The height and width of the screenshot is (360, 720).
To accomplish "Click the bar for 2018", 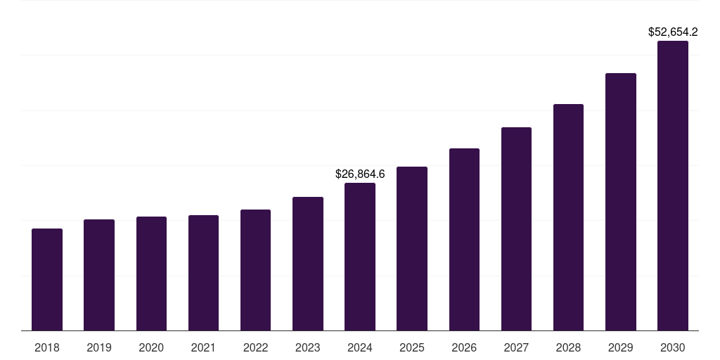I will point(47,279).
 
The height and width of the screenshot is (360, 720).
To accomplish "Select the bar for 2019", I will point(99,275).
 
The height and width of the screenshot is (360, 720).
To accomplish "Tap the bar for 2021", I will point(203,273).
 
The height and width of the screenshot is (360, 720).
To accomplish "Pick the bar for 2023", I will point(308,264).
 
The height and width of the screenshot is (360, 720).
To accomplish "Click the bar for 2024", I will point(360,257).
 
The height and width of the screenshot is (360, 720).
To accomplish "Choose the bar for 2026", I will point(464,239).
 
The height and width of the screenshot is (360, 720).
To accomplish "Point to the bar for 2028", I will point(568,217).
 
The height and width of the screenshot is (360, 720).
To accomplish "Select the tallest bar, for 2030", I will point(673,186).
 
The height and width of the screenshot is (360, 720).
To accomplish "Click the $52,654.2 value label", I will point(673,32).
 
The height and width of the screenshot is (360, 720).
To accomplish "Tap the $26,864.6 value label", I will point(360,174).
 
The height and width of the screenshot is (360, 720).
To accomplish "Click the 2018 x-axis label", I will point(47,347).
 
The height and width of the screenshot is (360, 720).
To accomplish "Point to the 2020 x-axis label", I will point(151,347).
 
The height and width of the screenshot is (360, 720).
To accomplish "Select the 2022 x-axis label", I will point(255,347).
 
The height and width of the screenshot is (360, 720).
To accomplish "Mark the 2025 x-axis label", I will point(412,347).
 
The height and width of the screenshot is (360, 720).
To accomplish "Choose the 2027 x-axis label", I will point(516,347).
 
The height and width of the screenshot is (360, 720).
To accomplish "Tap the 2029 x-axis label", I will point(620,347).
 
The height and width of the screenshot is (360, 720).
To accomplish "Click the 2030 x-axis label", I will point(673,347).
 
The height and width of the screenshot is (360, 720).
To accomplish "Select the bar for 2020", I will point(151,274).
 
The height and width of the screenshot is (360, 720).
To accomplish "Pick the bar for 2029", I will point(620,202).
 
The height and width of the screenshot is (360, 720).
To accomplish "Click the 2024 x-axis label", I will point(360,347).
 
